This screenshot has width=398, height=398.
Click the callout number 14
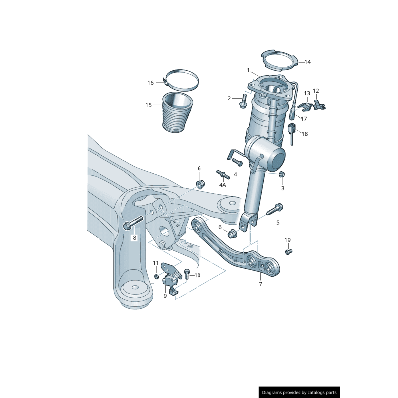307,62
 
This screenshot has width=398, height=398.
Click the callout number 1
248,70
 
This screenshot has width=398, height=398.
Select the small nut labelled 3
281,174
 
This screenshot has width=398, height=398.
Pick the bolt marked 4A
222,174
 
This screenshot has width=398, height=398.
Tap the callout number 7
260,284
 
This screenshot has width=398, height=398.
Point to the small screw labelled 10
187,273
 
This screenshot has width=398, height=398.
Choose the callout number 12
316,91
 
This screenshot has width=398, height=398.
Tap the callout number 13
307,93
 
